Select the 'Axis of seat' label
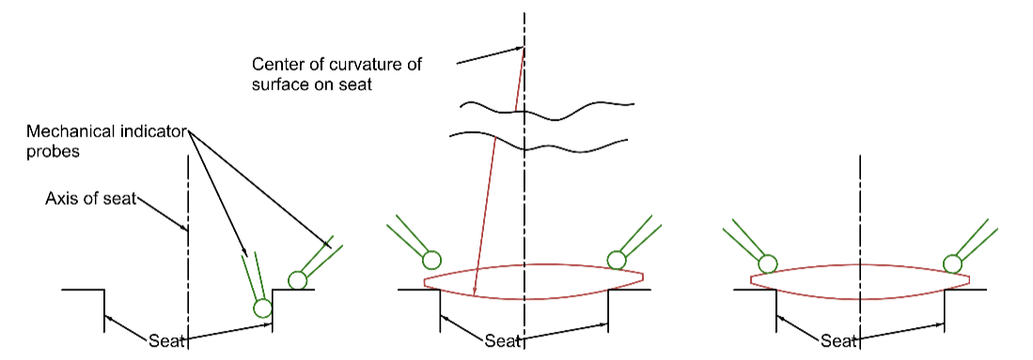coord(90,198)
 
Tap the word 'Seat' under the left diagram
coord(166,340)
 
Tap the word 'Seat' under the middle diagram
coord(502,340)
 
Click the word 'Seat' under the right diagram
coord(838,340)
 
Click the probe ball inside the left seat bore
coord(262,306)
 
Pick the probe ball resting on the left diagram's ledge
coord(297,279)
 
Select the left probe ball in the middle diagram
coord(431,259)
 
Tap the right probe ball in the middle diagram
coord(617,259)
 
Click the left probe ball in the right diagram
coord(768,264)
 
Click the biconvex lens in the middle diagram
coord(533,281)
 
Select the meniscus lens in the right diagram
coord(860,283)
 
